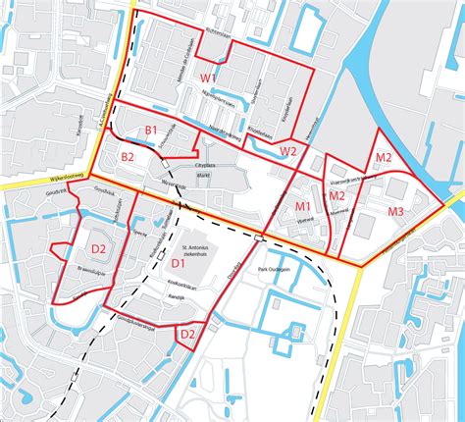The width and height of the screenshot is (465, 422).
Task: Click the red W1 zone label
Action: pyautogui.click(x=209, y=77)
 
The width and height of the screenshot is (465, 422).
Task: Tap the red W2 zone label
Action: pyautogui.click(x=287, y=150)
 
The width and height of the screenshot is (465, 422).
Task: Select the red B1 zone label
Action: pyautogui.click(x=152, y=131)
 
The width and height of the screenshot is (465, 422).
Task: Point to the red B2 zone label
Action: pyautogui.click(x=128, y=157)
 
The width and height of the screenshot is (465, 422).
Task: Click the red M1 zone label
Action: pyautogui.click(x=303, y=205)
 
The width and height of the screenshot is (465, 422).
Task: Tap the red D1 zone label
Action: pyautogui.click(x=179, y=264)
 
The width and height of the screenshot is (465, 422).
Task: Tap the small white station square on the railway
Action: pyautogui.click(x=258, y=237)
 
